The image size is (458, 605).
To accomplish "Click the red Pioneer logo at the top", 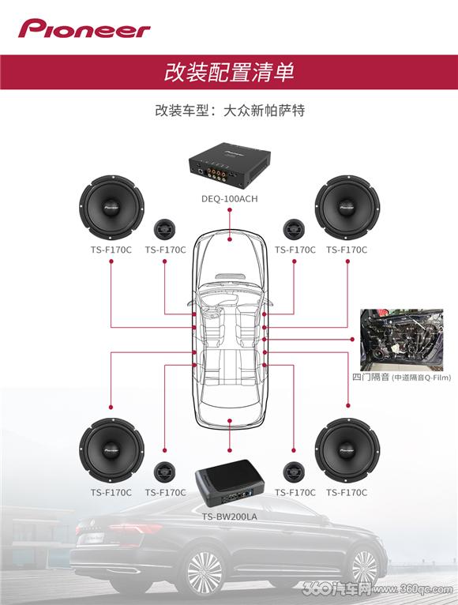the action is coord(84,28).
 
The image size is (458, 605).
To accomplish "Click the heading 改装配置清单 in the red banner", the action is coord(229,72).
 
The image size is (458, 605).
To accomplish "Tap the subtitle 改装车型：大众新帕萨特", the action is coord(230,111).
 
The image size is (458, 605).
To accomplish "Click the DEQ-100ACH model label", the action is coord(230,199).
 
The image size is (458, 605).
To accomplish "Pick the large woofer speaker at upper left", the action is coord(111,208).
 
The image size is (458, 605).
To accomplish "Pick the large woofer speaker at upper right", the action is coord(347,208).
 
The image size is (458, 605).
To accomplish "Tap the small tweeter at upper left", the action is coord(165,230).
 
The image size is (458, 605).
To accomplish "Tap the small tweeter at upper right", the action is coord(295,230).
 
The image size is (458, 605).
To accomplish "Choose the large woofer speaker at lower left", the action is coord(111,450).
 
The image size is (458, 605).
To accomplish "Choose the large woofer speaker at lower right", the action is coord(347,450).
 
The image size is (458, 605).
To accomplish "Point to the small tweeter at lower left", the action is coord(165,472).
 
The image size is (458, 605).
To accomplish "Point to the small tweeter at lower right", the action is coord(295,472).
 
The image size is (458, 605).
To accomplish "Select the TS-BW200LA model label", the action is coord(230,517).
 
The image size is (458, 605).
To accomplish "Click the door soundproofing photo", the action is coord(401,340).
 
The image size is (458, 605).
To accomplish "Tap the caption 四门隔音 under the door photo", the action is coord(370,377).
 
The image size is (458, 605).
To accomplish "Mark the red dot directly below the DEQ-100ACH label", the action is coord(230,210).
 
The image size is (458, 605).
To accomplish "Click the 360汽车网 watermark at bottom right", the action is coord(377,589).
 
